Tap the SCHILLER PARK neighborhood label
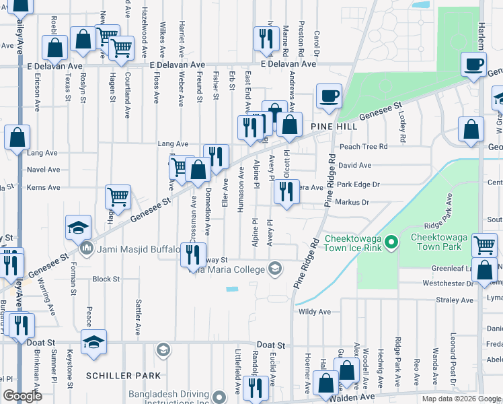[123, 375]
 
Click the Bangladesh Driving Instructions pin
[218, 396]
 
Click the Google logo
[23, 396]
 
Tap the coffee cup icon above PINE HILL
[329, 96]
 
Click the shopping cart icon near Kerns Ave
[118, 197]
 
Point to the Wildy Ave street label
[315, 312]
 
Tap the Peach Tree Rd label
[363, 146]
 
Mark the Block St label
[106, 279]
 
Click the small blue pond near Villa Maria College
[233, 290]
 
